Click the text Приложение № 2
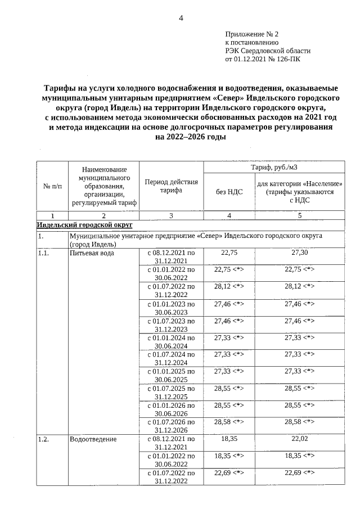(x=247, y=34)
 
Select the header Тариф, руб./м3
(x=273, y=167)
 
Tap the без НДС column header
(x=229, y=191)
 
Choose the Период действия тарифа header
(x=171, y=187)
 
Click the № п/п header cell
(x=52, y=187)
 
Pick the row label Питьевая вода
(x=92, y=253)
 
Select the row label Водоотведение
(x=93, y=439)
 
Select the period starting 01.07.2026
(x=171, y=425)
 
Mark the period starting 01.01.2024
(x=171, y=341)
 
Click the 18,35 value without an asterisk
(x=229, y=439)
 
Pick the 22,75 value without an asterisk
(x=229, y=253)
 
